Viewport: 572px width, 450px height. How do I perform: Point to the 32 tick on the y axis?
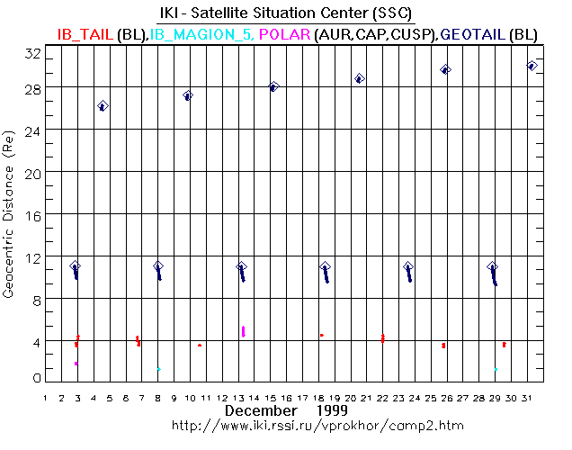(32, 54)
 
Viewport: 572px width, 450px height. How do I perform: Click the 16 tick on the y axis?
(32, 214)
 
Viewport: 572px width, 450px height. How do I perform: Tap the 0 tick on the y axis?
(36, 378)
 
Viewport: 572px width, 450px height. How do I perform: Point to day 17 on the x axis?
(305, 397)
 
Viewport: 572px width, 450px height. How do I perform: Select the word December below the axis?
(261, 410)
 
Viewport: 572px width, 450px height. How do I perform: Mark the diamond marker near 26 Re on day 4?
(103, 106)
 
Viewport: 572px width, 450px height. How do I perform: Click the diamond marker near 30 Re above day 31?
(532, 66)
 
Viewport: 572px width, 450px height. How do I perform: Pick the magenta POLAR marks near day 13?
(244, 331)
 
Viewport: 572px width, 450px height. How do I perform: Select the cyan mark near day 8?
(159, 368)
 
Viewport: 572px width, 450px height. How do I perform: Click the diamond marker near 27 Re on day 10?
(188, 95)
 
